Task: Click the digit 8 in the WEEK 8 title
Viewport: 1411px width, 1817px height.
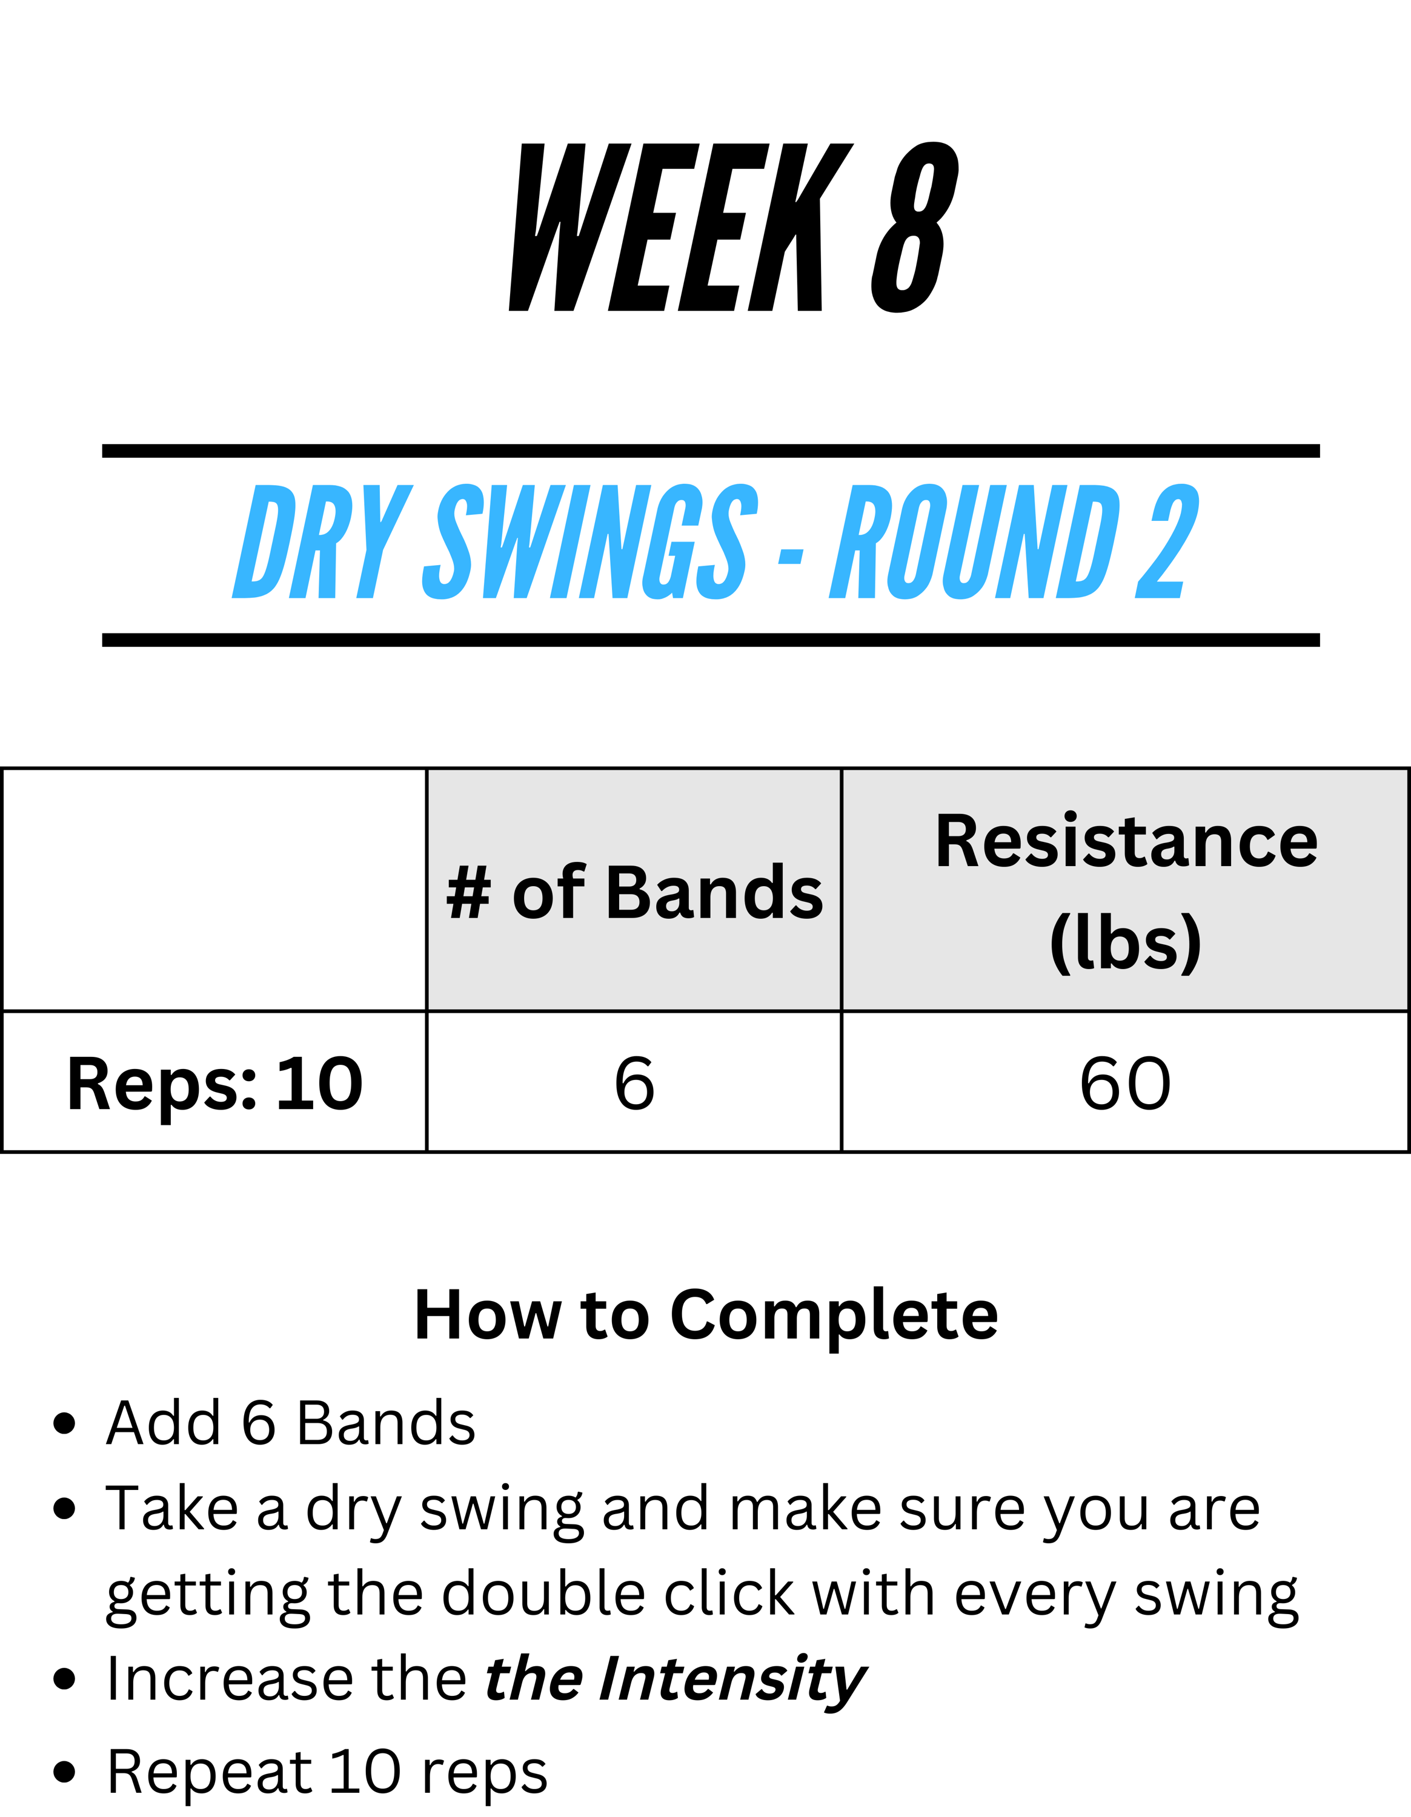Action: pos(914,227)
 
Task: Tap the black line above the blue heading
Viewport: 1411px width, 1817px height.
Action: pos(711,451)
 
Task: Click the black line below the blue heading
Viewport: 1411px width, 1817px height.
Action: pos(711,640)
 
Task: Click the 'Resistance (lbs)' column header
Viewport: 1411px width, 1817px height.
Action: pos(1126,891)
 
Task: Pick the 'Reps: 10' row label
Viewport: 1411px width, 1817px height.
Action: pos(214,1084)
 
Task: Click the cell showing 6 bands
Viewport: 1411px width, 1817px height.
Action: pos(634,1082)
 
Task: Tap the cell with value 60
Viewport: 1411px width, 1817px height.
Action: pos(1126,1082)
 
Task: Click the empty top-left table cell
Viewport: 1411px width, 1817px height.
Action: pos(214,889)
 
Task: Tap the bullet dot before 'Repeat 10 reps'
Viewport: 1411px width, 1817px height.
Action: pos(64,1773)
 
